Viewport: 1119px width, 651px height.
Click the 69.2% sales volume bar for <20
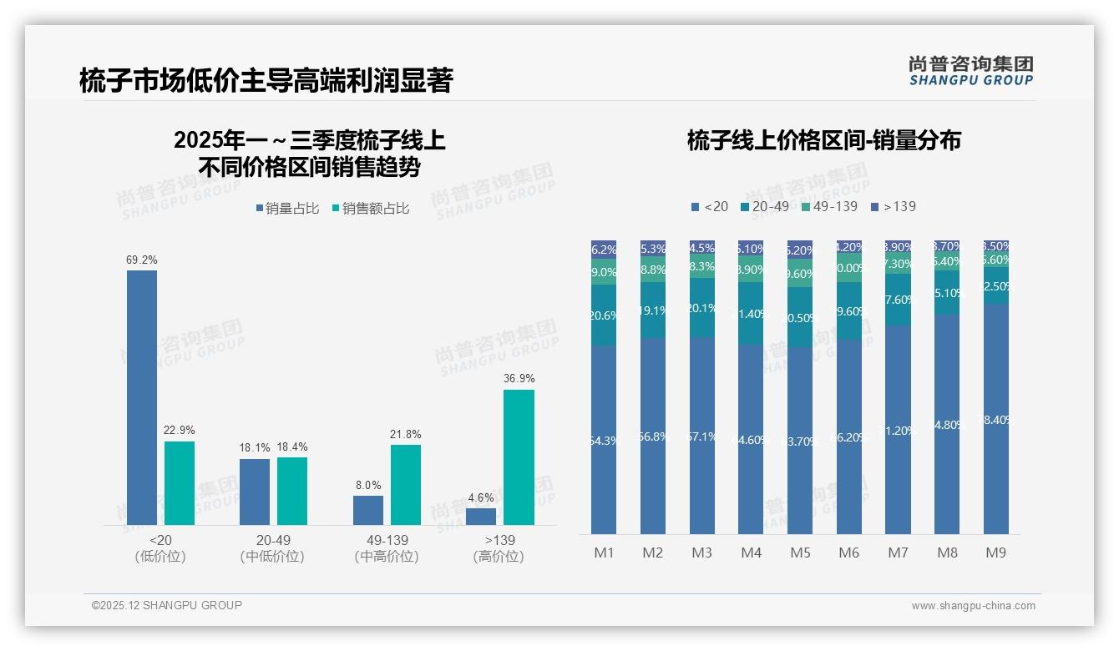coord(142,397)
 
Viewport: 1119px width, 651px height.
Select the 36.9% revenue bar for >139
coord(519,457)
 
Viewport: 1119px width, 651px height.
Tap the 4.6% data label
coord(481,498)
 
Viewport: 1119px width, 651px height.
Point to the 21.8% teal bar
coord(406,485)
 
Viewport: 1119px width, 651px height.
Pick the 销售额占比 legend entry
coord(371,209)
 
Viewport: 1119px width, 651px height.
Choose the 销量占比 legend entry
coord(287,209)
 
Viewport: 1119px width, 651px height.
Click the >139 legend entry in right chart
coord(893,206)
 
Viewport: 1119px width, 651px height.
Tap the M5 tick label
coord(800,553)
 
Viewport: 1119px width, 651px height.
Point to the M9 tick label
coord(995,553)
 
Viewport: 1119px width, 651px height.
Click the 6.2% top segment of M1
coord(604,250)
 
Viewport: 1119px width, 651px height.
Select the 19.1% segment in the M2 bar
coord(653,310)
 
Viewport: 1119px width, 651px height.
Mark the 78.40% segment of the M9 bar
coord(995,419)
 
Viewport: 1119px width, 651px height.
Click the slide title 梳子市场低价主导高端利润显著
coord(266,81)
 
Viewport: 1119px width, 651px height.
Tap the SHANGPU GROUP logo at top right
coord(970,71)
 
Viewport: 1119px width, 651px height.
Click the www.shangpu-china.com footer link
coord(973,606)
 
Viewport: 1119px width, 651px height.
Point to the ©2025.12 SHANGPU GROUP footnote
coord(167,605)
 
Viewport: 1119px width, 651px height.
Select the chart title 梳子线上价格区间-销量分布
coord(823,140)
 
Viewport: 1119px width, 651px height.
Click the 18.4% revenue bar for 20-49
coord(292,491)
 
